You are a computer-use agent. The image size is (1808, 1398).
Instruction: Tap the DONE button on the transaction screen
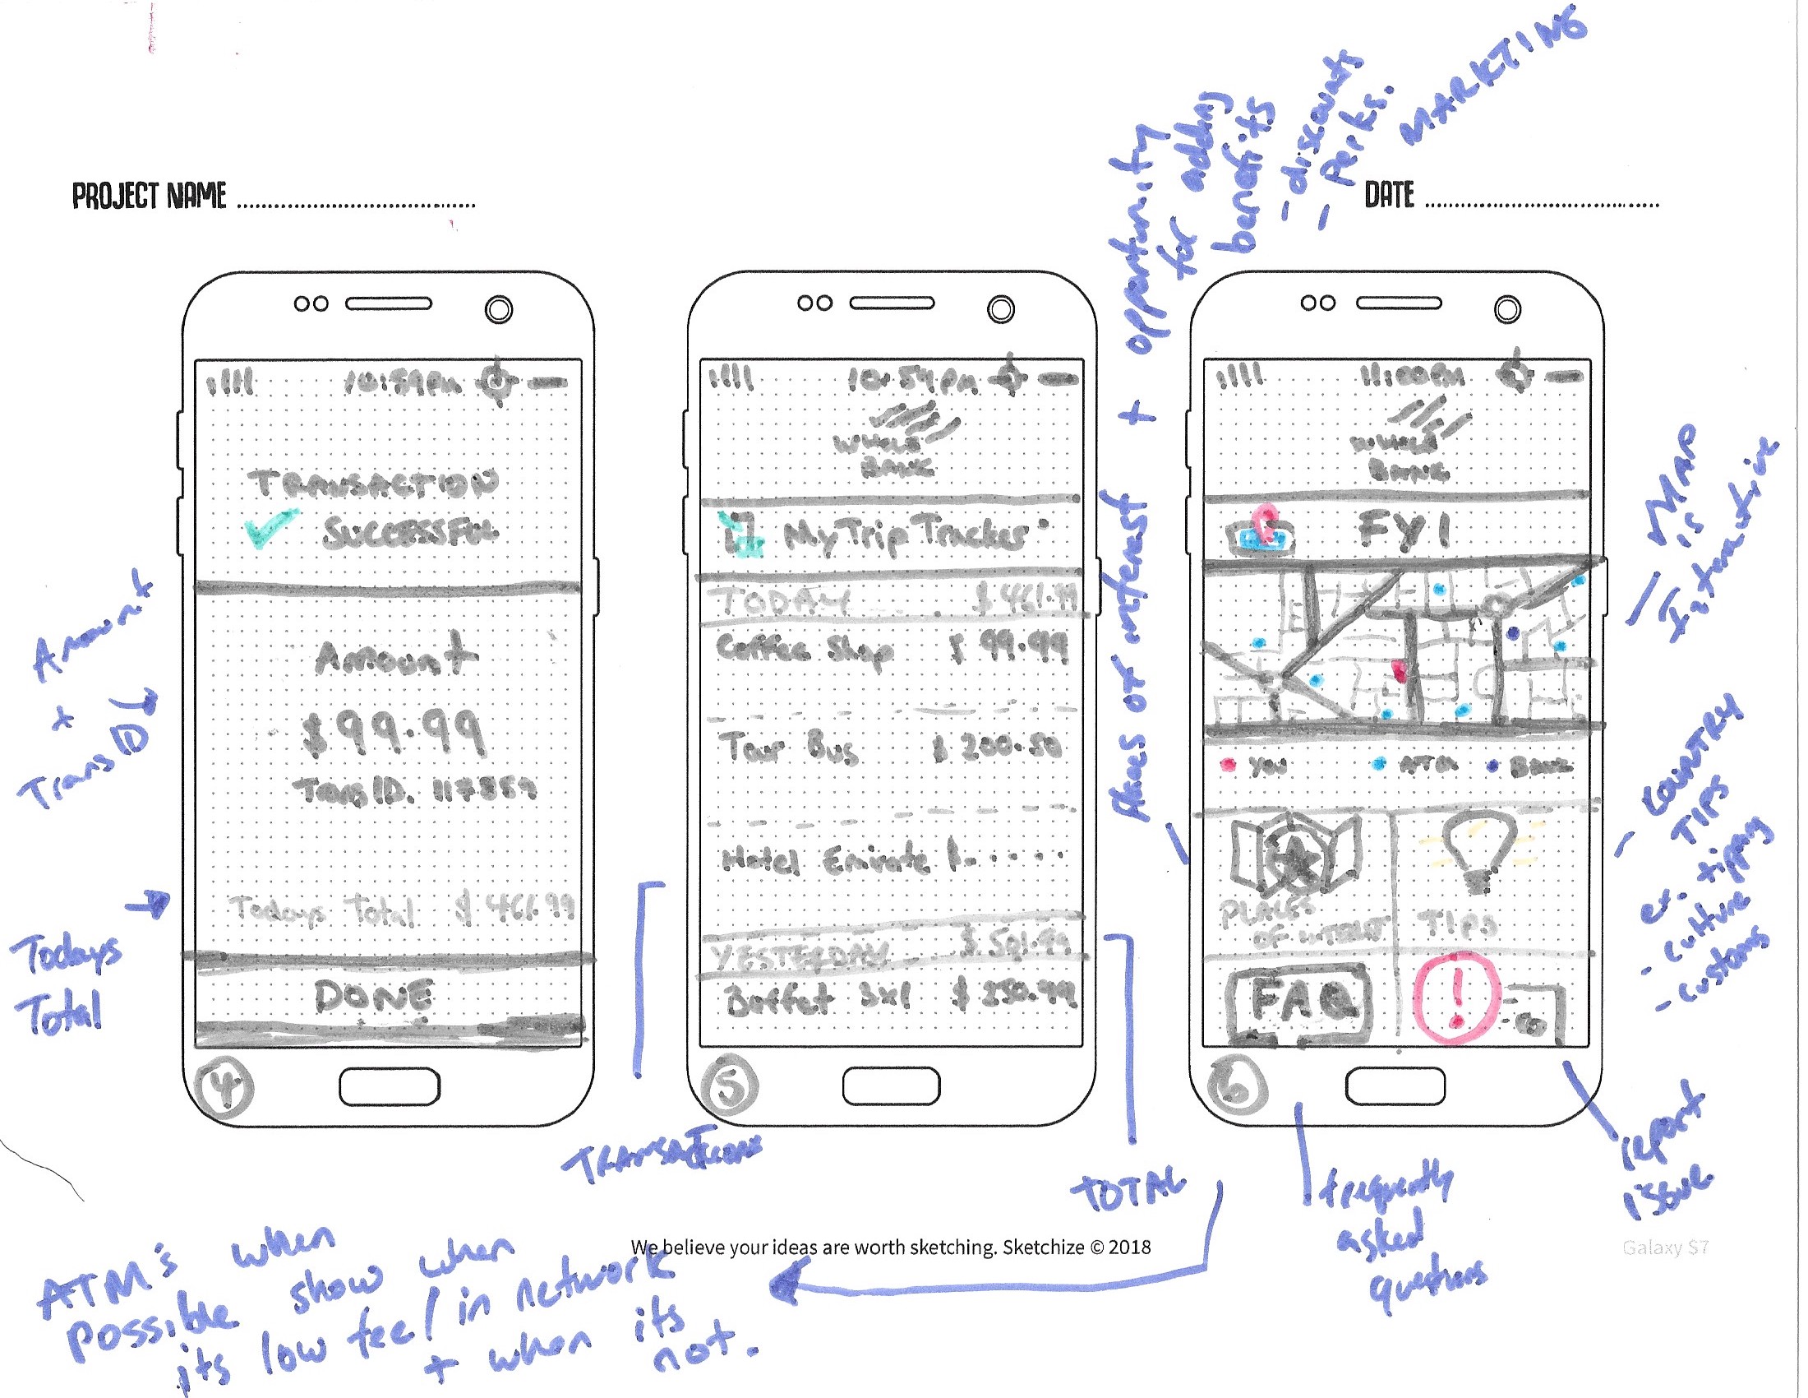pos(374,998)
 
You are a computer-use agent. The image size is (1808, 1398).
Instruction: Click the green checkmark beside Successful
pos(269,529)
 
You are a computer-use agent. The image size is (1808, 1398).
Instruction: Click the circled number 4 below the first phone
pos(224,1086)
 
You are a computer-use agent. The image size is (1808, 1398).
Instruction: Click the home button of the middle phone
pos(891,1086)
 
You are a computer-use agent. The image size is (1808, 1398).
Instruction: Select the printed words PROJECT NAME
pos(149,197)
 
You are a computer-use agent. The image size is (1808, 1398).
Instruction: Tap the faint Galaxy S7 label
pos(1665,1248)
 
